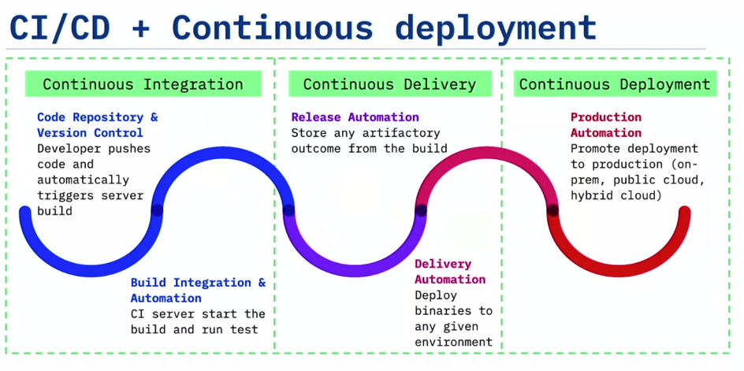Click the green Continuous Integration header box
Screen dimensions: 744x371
pyautogui.click(x=143, y=84)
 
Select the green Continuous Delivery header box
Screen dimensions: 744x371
pyautogui.click(x=389, y=84)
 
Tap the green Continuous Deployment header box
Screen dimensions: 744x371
pyautogui.click(x=615, y=84)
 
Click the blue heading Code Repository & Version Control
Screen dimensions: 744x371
pyautogui.click(x=98, y=124)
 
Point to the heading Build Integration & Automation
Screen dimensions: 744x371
pyautogui.click(x=199, y=291)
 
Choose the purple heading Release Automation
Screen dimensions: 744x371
pyautogui.click(x=355, y=117)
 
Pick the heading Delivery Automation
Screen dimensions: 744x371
pyautogui.click(x=450, y=272)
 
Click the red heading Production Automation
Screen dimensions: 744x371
pyautogui.click(x=606, y=124)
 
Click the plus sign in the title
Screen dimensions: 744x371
pyautogui.click(x=140, y=28)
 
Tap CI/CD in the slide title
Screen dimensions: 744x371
pyautogui.click(x=59, y=28)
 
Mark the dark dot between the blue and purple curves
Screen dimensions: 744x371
pyautogui.click(x=288, y=210)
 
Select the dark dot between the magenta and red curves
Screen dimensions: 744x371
pyautogui.click(x=552, y=210)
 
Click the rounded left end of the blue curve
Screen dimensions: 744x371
pyautogui.click(x=25, y=212)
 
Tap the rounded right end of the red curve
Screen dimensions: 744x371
pyautogui.click(x=684, y=212)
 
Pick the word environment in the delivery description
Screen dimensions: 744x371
pyautogui.click(x=454, y=342)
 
